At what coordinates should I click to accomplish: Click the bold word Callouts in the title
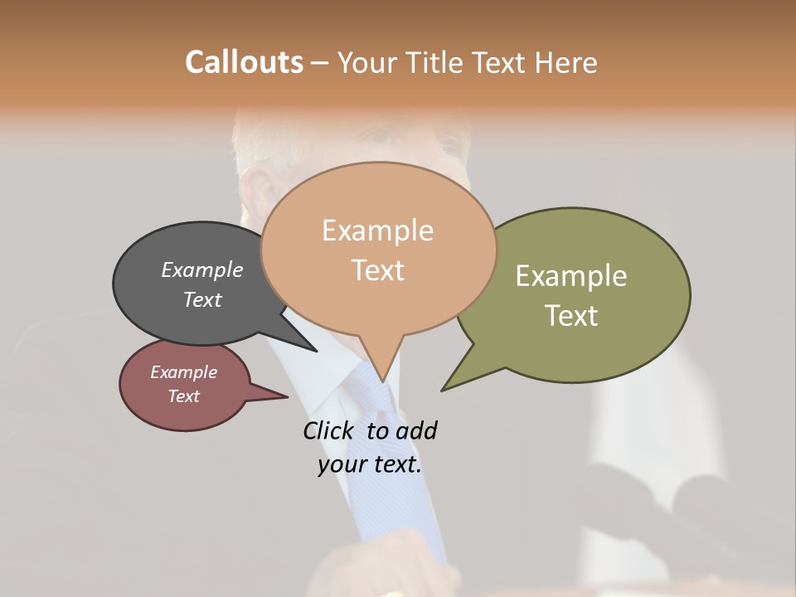coord(244,62)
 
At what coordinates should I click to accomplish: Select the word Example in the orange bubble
coord(377,231)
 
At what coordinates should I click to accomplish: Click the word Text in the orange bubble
coord(377,270)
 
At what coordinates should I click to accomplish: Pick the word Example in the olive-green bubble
coord(570,276)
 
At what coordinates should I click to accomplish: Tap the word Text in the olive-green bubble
coord(570,316)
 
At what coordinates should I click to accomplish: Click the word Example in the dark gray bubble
coord(201,269)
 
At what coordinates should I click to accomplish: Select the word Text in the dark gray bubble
coord(201,299)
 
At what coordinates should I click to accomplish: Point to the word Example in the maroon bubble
coord(183,372)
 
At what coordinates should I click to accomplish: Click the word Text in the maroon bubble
coord(183,396)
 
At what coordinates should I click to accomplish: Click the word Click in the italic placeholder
coord(328,430)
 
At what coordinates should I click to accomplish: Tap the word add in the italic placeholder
coord(415,430)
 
